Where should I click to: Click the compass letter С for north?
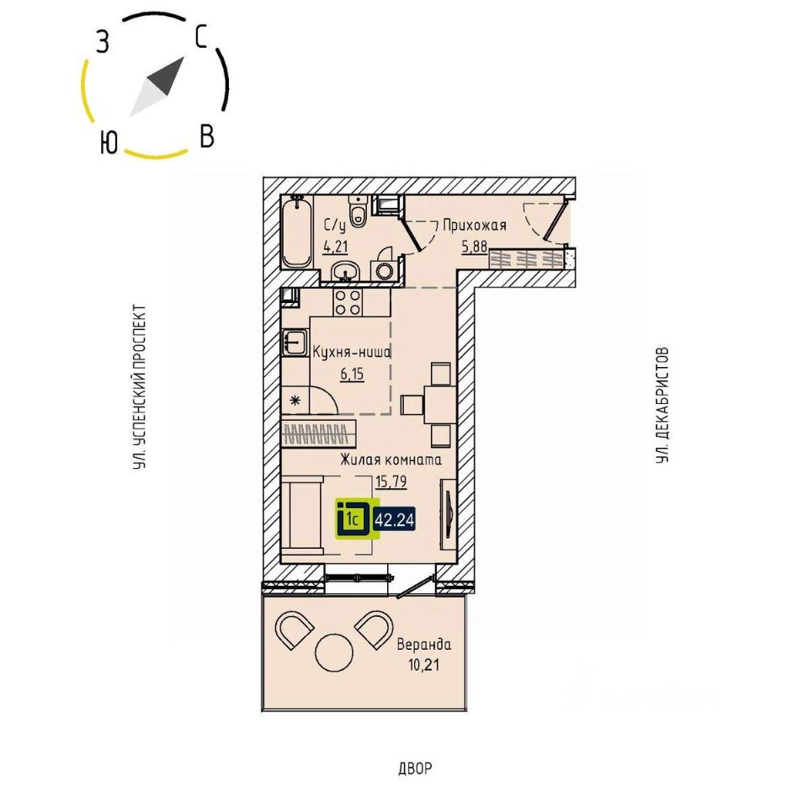click(201, 35)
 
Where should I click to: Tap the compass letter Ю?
click(107, 144)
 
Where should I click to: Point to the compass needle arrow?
click(157, 87)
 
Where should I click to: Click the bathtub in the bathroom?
click(295, 232)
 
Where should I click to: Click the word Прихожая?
click(474, 225)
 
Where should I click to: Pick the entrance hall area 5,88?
click(474, 247)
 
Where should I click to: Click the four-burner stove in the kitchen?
click(347, 301)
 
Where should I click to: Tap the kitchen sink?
click(295, 342)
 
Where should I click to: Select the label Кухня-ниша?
click(352, 353)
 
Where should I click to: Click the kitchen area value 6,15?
click(352, 375)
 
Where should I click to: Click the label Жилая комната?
click(391, 460)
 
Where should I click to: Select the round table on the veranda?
click(334, 649)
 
